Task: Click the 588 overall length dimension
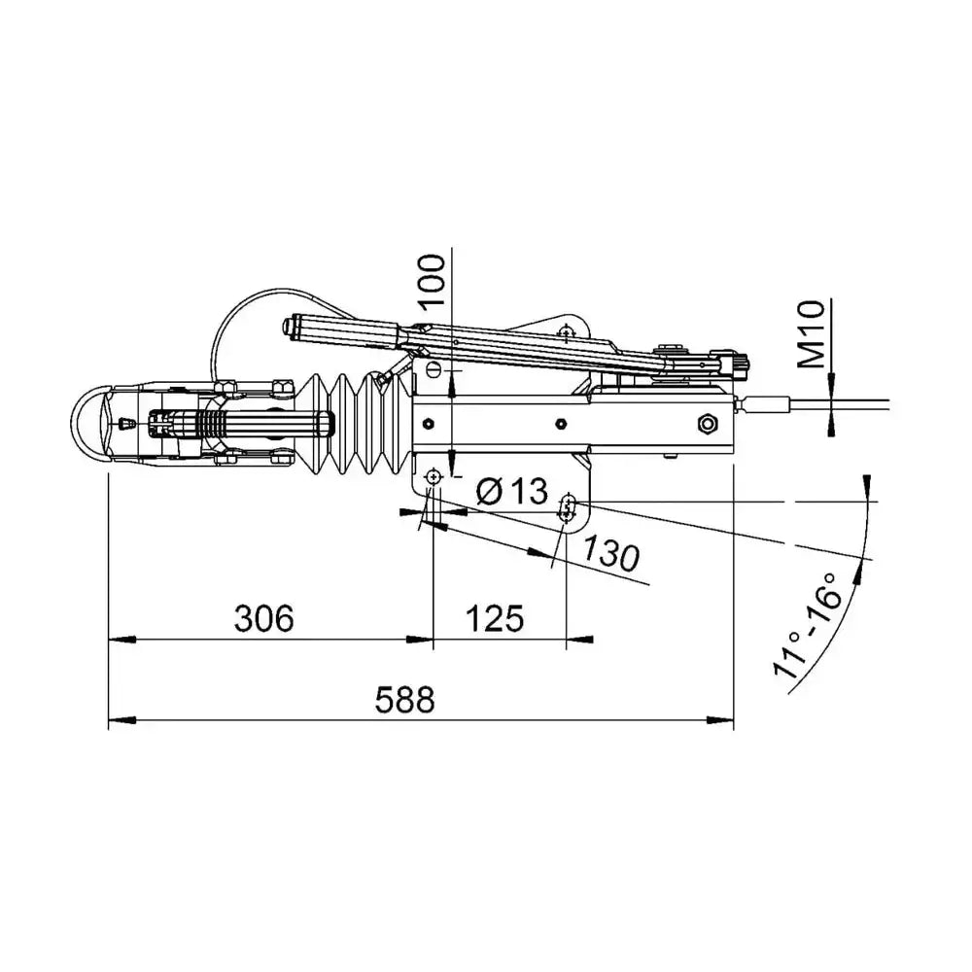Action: [404, 701]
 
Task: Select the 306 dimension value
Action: [263, 618]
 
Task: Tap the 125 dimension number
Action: [494, 618]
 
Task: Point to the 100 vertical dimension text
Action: [433, 281]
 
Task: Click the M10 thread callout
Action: [812, 334]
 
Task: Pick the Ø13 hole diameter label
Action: [512, 492]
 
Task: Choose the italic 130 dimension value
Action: [610, 552]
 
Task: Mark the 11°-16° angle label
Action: [808, 625]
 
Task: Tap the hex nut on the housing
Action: [707, 424]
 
